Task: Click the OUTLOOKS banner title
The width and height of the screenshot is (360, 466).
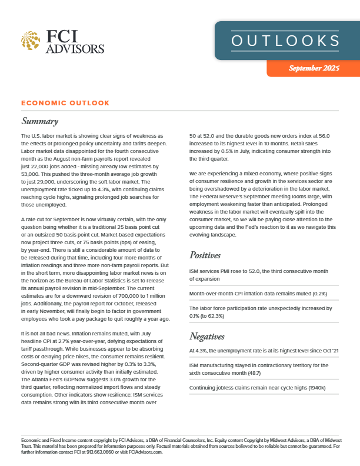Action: (285, 41)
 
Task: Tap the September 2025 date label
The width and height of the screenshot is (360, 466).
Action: (314, 69)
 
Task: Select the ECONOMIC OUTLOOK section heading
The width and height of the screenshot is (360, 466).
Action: (65, 103)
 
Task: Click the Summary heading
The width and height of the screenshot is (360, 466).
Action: (39, 122)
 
